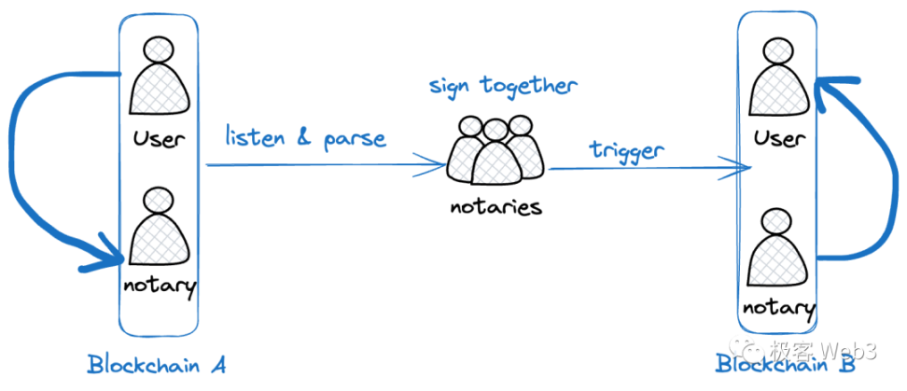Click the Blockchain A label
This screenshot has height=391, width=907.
156,364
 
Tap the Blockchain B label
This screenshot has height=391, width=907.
785,364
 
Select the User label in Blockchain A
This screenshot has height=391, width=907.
158,139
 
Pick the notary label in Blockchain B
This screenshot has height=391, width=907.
778,308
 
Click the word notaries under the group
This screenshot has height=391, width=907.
496,207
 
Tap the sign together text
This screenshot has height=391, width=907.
503,87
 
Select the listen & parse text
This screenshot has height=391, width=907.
305,139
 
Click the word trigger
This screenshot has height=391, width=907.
626,150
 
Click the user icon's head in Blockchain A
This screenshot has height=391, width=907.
158,51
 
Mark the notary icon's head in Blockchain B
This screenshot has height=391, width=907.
778,221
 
